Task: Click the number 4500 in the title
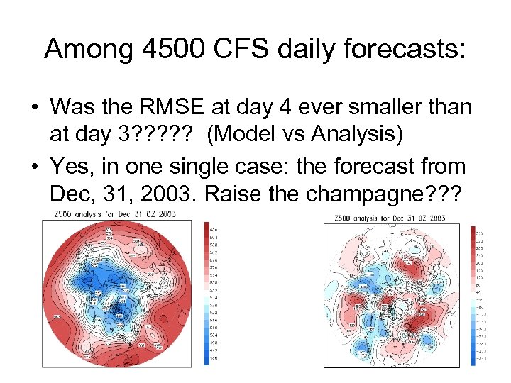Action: click(x=169, y=49)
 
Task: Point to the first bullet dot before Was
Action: click(x=33, y=108)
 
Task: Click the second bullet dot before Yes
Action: click(x=33, y=167)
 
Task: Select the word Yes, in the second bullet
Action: click(x=72, y=167)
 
